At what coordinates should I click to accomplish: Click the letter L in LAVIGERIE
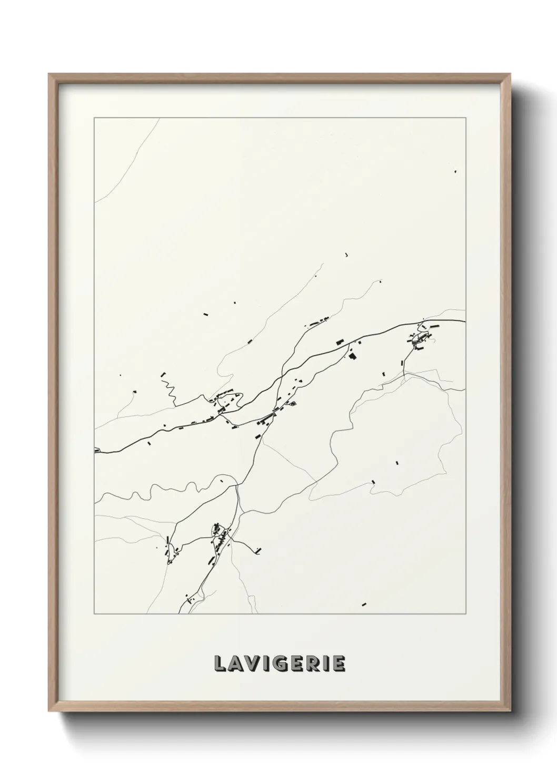[220, 664]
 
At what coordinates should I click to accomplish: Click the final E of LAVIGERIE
[339, 664]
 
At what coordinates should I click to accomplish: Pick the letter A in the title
[234, 664]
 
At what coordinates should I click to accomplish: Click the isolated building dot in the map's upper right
[455, 172]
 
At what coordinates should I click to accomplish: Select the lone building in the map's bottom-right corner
[364, 604]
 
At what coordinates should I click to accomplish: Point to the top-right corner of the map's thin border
[465, 118]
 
